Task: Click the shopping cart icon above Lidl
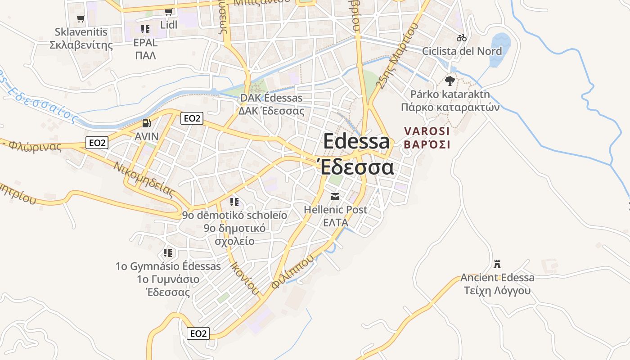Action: point(168,12)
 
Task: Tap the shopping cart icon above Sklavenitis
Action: point(81,18)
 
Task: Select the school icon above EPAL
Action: point(145,29)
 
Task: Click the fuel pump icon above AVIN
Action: point(146,123)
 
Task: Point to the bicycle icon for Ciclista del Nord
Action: point(462,38)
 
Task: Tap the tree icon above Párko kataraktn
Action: point(450,81)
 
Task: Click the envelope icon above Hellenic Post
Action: point(335,196)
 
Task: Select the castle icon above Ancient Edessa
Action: point(497,264)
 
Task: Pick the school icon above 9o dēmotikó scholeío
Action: point(234,202)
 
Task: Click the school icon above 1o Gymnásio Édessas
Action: point(168,253)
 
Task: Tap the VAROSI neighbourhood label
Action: point(427,131)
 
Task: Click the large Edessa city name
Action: point(356,141)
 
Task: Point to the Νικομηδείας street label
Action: point(144,180)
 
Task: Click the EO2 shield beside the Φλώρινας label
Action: point(98,143)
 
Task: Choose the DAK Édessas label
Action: point(271,98)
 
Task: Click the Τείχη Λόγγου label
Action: point(497,291)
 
